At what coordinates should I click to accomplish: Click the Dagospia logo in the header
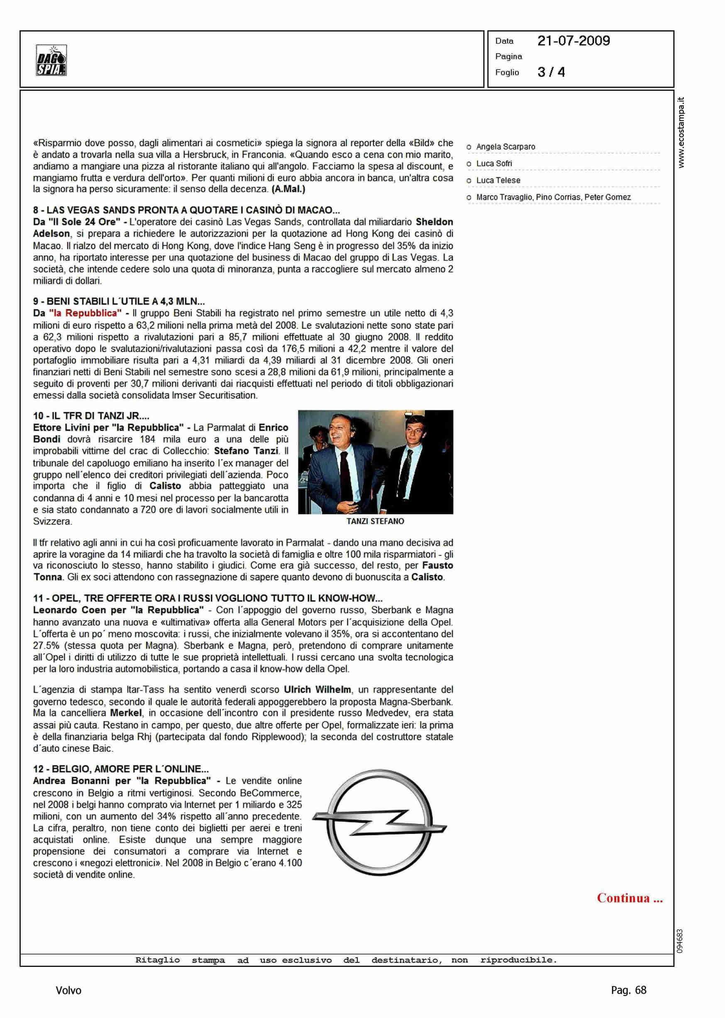51,60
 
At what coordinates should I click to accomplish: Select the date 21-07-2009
573,41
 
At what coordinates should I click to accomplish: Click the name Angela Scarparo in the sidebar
505,147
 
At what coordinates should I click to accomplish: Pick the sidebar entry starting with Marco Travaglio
553,197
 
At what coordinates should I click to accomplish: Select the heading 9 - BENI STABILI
119,302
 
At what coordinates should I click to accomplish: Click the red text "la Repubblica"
85,313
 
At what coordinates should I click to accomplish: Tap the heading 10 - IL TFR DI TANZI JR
91,416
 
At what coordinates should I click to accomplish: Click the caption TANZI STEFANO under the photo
375,521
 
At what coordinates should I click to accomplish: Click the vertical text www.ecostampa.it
681,132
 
